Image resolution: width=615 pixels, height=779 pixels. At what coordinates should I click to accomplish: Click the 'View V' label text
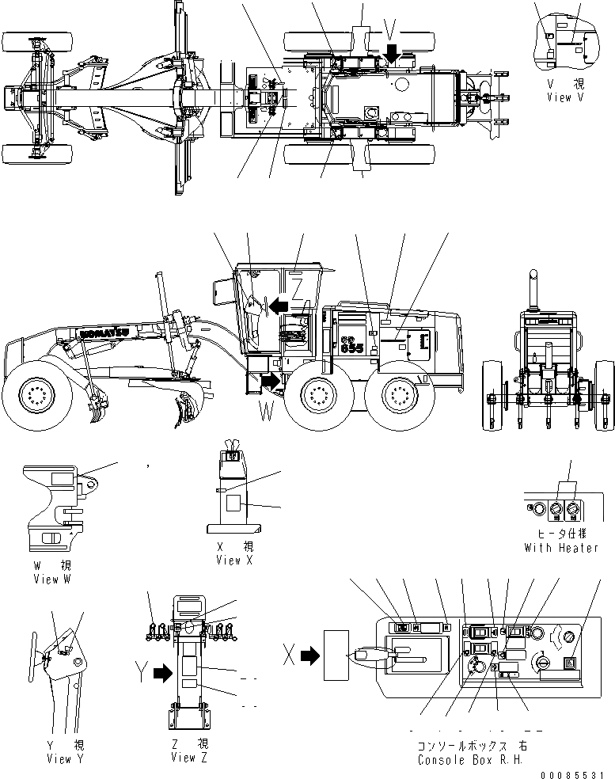pos(569,97)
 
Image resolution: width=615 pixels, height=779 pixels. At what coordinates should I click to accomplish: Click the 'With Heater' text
pos(561,548)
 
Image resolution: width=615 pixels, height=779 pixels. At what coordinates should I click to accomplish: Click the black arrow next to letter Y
pos(161,673)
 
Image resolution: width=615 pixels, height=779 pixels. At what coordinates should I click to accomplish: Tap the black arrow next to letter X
pos(309,655)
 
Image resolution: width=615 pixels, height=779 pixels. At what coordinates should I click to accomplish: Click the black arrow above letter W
pos(270,381)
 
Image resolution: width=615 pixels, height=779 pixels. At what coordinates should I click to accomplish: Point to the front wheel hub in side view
pos(36,393)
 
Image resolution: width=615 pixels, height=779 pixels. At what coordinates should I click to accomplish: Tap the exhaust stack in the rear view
pos(532,289)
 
